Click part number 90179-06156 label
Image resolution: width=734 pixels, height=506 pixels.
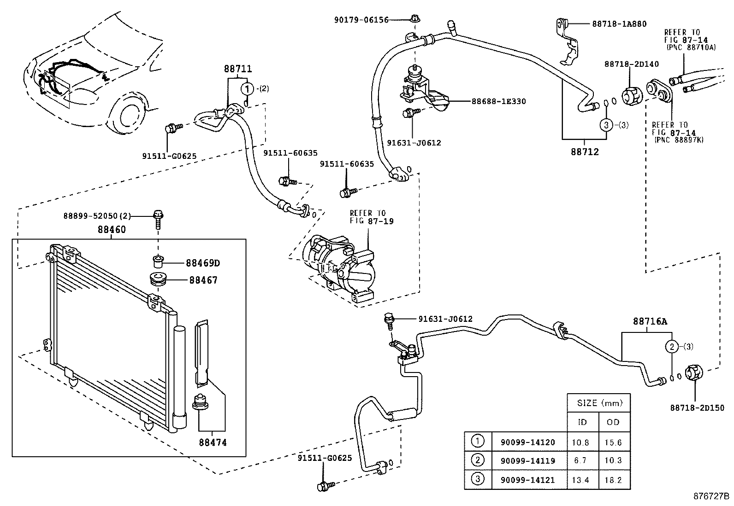tap(361, 20)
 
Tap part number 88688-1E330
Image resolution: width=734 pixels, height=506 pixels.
tap(498, 101)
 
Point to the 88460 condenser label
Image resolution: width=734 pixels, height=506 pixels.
tap(111, 229)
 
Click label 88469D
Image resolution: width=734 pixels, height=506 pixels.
tap(202, 263)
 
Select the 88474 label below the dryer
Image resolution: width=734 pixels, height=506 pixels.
tap(213, 442)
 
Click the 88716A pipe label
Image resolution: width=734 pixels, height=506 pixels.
tap(650, 322)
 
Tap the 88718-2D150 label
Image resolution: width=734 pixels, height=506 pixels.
tap(697, 408)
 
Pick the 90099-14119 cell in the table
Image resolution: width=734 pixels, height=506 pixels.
tap(527, 461)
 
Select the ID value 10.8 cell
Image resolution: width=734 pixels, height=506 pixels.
tap(580, 442)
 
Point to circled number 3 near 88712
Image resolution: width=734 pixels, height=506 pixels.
tap(606, 124)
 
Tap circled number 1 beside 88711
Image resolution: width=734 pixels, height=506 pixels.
tap(248, 88)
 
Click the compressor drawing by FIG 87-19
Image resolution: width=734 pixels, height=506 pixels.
tap(339, 269)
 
